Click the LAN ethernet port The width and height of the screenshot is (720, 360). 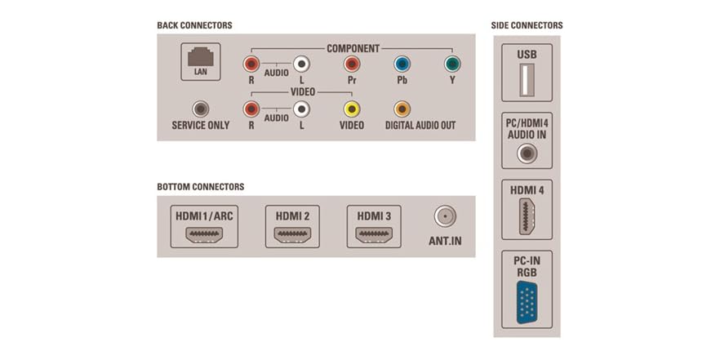pyautogui.click(x=200, y=58)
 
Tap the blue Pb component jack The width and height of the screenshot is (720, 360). pyautogui.click(x=402, y=64)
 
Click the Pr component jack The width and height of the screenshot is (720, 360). pyautogui.click(x=352, y=64)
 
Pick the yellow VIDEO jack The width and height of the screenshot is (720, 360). pyautogui.click(x=352, y=109)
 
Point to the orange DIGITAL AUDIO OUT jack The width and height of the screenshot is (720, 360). pyautogui.click(x=402, y=109)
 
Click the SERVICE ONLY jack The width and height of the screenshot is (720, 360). pyautogui.click(x=200, y=109)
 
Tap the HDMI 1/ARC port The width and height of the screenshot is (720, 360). pyautogui.click(x=204, y=235)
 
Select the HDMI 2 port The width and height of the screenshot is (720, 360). pyautogui.click(x=292, y=235)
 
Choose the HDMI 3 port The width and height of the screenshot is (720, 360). pyautogui.click(x=374, y=235)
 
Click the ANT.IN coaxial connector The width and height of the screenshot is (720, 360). pyautogui.click(x=445, y=216)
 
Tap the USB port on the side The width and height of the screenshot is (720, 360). pyautogui.click(x=527, y=84)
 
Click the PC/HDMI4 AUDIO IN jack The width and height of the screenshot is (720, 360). pyautogui.click(x=527, y=153)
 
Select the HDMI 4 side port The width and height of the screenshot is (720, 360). pyautogui.click(x=527, y=216)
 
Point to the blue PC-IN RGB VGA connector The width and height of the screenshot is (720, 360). pyautogui.click(x=527, y=301)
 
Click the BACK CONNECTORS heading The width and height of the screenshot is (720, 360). pyautogui.click(x=194, y=25)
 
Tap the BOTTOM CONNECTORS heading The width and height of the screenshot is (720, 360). pyautogui.click(x=200, y=187)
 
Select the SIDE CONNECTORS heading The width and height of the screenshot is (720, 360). pyautogui.click(x=527, y=25)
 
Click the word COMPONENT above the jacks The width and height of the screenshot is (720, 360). pyautogui.click(x=353, y=48)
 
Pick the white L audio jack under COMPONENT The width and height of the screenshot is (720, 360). pyautogui.click(x=301, y=64)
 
